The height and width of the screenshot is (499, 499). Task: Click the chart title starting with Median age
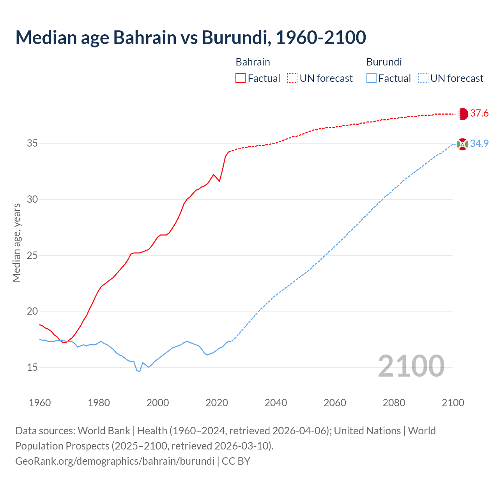[191, 37]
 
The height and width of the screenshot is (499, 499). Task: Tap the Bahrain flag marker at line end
[462, 113]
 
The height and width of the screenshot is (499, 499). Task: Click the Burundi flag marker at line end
[462, 144]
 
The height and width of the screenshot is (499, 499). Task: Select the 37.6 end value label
[479, 113]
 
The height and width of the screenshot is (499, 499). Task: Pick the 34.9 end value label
[479, 144]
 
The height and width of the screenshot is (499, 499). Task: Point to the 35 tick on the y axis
[32, 143]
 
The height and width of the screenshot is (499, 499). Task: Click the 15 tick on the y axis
[32, 367]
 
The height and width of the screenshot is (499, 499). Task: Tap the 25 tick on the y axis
[32, 255]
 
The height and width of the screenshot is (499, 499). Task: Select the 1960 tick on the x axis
[40, 403]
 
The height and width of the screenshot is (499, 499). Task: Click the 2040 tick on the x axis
[276, 403]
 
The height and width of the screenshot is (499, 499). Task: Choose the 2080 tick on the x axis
[394, 403]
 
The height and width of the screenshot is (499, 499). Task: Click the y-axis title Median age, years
[17, 242]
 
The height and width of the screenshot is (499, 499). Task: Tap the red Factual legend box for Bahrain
[241, 78]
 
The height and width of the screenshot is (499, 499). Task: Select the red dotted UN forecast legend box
[292, 78]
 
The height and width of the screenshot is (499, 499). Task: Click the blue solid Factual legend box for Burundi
[372, 78]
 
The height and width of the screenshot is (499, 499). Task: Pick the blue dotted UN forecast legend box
[423, 78]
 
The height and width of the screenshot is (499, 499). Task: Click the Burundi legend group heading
[384, 62]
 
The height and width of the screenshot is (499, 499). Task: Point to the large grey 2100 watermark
[411, 366]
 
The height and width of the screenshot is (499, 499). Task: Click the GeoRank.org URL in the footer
[115, 461]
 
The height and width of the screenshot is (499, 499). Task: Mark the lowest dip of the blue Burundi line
[140, 372]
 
